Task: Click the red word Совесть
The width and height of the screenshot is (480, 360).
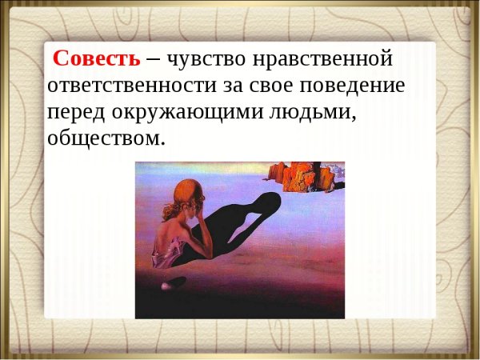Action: pos(96,58)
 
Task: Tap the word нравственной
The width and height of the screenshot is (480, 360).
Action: pos(328,58)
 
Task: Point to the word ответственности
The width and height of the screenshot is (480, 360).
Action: pos(134,86)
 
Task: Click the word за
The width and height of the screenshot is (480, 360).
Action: pos(245,86)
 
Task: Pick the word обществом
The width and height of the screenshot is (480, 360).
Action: pos(106,138)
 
